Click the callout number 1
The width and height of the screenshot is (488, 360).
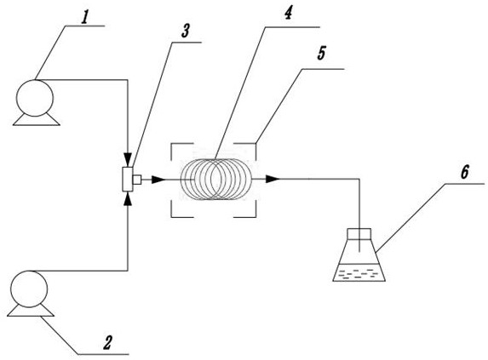pyautogui.click(x=85, y=19)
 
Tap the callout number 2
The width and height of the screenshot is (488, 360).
pyautogui.click(x=107, y=343)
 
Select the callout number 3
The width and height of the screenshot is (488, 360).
pyautogui.click(x=185, y=31)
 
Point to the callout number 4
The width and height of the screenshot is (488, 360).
pyautogui.click(x=288, y=13)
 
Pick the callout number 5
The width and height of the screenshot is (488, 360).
pyautogui.click(x=321, y=54)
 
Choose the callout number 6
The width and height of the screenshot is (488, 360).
pyautogui.click(x=464, y=172)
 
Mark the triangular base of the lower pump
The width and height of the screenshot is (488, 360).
pyautogui.click(x=31, y=311)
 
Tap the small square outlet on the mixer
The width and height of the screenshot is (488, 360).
pyautogui.click(x=137, y=180)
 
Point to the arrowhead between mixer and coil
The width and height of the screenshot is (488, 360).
pyautogui.click(x=158, y=180)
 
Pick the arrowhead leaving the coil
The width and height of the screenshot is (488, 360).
pyautogui.click(x=273, y=179)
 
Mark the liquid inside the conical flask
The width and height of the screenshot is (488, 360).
pyautogui.click(x=359, y=272)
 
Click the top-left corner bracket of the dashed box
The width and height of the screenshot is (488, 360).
pyautogui.click(x=171, y=144)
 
